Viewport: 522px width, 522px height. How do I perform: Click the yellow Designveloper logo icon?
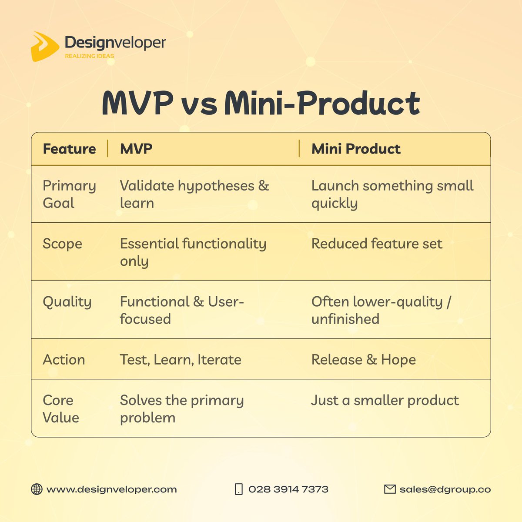pyautogui.click(x=44, y=46)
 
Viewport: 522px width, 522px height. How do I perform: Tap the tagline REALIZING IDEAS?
pyautogui.click(x=89, y=56)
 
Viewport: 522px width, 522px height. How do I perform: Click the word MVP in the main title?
pyautogui.click(x=137, y=104)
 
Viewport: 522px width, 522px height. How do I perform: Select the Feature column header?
pyautogui.click(x=69, y=149)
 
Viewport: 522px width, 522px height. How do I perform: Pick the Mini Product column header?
pyautogui.click(x=356, y=149)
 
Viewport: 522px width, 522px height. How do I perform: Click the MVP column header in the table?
pyautogui.click(x=136, y=149)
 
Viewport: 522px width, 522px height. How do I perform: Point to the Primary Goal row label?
pyautogui.click(x=69, y=194)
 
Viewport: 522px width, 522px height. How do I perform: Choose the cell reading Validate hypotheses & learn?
pyautogui.click(x=194, y=194)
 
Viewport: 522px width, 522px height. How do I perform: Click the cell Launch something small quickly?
pyautogui.click(x=392, y=194)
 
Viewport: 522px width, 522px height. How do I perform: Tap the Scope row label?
pyautogui.click(x=62, y=244)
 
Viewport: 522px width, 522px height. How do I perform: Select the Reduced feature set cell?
pyautogui.click(x=377, y=244)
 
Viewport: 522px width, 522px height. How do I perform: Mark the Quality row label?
pyautogui.click(x=67, y=302)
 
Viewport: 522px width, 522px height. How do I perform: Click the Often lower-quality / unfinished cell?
pyautogui.click(x=381, y=310)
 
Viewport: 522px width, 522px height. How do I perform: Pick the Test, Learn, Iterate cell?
pyautogui.click(x=181, y=360)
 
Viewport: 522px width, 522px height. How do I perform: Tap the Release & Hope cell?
pyautogui.click(x=364, y=360)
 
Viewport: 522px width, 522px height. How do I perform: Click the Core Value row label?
pyautogui.click(x=61, y=409)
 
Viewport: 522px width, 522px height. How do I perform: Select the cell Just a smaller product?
pyautogui.click(x=385, y=400)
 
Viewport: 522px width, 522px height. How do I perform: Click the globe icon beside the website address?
pyautogui.click(x=37, y=489)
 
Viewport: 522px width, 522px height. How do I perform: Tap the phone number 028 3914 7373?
pyautogui.click(x=288, y=489)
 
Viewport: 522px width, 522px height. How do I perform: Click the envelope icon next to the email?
pyautogui.click(x=390, y=489)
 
